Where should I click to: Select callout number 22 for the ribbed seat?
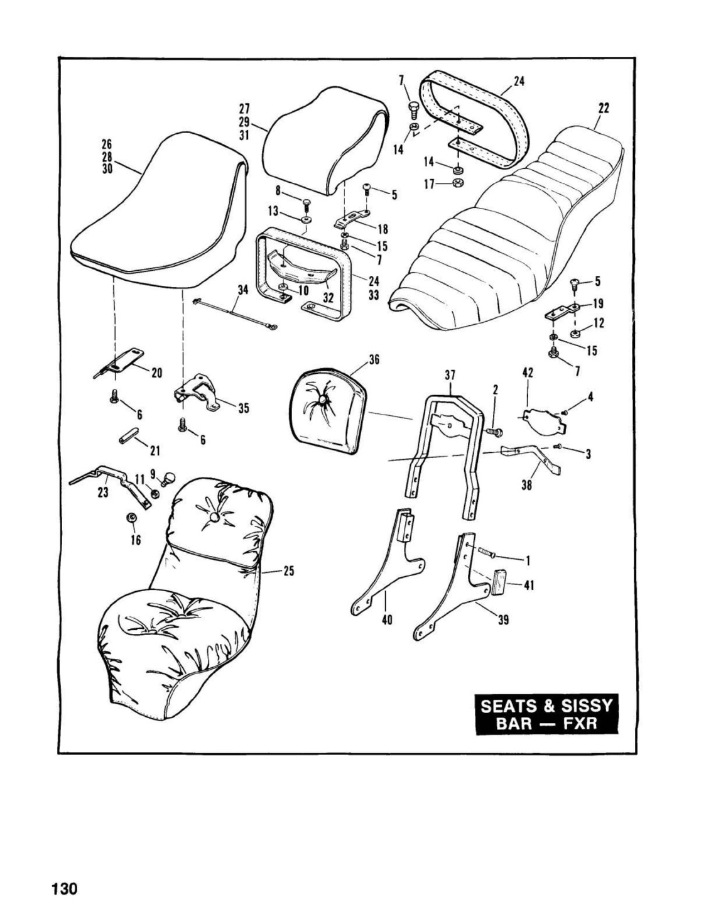pyautogui.click(x=604, y=109)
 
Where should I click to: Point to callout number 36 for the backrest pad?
pyautogui.click(x=374, y=360)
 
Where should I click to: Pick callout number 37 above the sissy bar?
pyautogui.click(x=450, y=376)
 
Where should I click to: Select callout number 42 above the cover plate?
pyautogui.click(x=528, y=373)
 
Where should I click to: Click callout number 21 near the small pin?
pyautogui.click(x=156, y=451)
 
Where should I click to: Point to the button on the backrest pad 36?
pyautogui.click(x=323, y=400)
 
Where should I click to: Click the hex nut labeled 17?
pyautogui.click(x=459, y=183)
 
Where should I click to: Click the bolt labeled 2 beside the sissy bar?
pyautogui.click(x=494, y=431)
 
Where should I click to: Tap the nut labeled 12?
pyautogui.click(x=575, y=334)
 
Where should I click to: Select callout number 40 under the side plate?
pyautogui.click(x=387, y=619)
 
